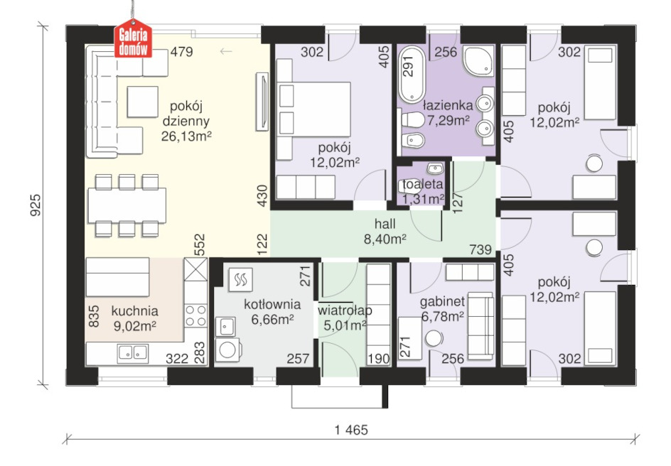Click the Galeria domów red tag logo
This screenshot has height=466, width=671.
point(133,39)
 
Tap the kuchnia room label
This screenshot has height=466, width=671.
point(134,311)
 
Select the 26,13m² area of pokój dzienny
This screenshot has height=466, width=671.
point(186,136)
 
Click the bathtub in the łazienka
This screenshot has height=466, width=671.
point(412,75)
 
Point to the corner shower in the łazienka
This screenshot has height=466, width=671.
point(478,60)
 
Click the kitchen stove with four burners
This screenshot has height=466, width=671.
point(195,315)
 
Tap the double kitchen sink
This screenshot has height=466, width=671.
point(133,352)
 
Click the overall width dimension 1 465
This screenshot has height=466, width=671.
point(351,430)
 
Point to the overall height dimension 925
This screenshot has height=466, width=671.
point(36,205)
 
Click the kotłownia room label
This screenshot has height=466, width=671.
point(272,305)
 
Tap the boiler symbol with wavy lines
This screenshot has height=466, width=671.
point(240,280)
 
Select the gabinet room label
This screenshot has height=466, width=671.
point(442,302)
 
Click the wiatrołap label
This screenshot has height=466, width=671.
point(345,310)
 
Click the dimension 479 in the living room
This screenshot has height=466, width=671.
point(182,52)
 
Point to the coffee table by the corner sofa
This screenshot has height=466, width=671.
point(142,102)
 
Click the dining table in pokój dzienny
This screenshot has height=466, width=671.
point(127,205)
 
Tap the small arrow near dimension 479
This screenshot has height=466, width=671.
point(226,52)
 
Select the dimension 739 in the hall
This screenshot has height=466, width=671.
point(480,249)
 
